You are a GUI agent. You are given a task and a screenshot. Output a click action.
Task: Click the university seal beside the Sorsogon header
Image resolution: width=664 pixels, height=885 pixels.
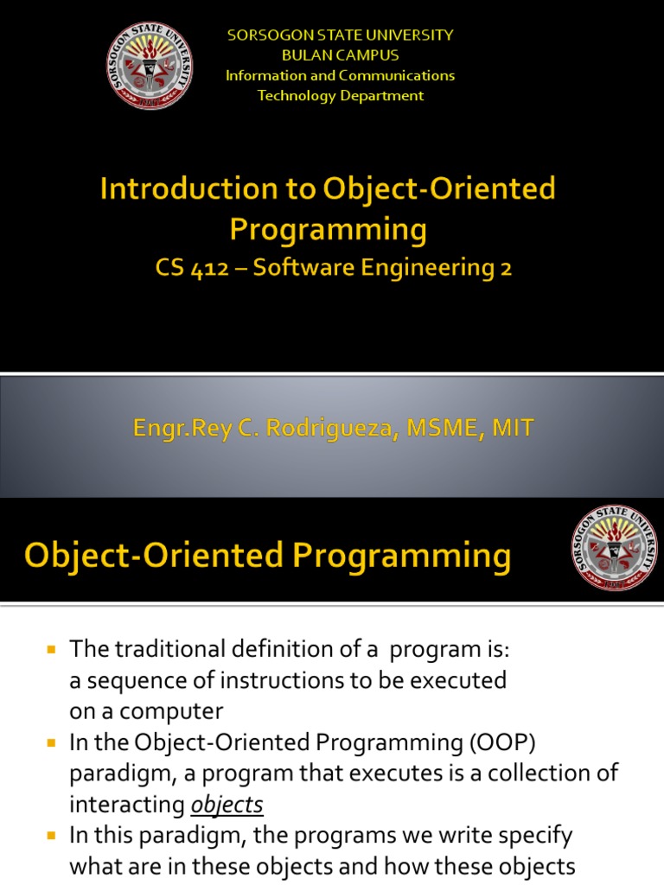pos(150,66)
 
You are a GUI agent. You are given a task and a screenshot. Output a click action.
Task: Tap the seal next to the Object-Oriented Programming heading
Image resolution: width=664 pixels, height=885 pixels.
pos(615,547)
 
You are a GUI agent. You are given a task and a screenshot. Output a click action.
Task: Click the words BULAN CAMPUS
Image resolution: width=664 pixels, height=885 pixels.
pos(341,55)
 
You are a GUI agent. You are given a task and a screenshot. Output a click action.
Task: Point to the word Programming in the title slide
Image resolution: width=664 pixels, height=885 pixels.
pos(328,230)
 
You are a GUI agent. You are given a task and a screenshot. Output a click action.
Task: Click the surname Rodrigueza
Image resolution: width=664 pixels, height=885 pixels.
pos(329,429)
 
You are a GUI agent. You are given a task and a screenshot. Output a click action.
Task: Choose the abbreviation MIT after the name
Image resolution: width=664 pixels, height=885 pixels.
pos(513,429)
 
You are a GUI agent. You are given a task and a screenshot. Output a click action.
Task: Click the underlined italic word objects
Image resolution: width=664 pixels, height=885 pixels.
pos(227,805)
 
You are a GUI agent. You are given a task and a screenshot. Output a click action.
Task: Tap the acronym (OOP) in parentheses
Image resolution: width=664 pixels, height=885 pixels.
pos(502,742)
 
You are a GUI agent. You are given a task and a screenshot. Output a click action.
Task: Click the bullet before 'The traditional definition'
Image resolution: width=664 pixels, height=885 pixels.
pos(51,649)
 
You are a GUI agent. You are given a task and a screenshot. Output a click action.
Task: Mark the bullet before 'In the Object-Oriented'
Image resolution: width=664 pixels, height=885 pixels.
pos(51,742)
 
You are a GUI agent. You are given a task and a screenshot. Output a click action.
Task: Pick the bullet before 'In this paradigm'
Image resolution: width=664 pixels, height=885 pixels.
pos(51,836)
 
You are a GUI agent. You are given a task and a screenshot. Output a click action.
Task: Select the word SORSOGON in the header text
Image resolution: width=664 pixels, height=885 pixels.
pos(271,35)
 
